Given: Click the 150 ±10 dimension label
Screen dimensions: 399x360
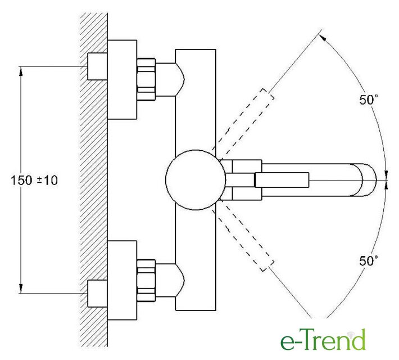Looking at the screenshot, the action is coord(34,181).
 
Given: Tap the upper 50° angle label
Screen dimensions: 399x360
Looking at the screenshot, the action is coord(368,100).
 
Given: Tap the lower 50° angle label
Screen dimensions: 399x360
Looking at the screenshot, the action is coord(368,260).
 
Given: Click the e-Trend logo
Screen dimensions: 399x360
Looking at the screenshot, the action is coord(323,340).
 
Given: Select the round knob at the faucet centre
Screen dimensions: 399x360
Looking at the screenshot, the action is coord(196,180).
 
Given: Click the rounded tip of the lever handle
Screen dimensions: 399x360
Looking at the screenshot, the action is coord(369,180).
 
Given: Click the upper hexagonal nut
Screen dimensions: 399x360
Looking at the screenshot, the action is coord(146,79).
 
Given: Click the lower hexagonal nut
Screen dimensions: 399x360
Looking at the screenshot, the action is coord(146,280).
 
